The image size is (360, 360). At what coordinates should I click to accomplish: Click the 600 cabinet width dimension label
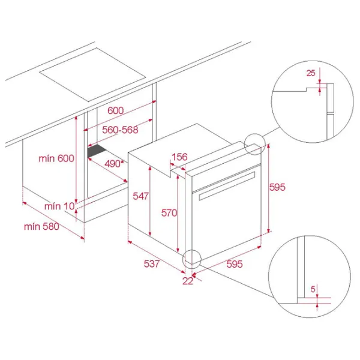coord(115,110)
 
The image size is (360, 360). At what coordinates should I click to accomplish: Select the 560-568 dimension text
coord(120,130)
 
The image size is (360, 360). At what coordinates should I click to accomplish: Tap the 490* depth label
coord(114,164)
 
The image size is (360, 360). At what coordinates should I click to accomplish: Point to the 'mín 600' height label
coord(56,158)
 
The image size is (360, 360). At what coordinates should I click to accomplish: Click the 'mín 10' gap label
coord(59,206)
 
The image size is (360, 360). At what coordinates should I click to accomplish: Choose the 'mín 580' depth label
coord(41,227)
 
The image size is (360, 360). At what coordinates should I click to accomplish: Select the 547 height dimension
coord(141,196)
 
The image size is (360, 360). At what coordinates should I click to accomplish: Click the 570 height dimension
coord(169,213)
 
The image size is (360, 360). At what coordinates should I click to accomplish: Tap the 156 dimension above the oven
coord(179,157)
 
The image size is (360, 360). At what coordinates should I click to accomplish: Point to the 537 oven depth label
coord(152,263)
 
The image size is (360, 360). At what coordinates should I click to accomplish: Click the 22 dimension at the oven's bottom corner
coord(188,281)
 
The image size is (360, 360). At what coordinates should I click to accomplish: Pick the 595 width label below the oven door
coord(235,264)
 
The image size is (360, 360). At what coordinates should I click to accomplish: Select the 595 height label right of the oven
coord(277,187)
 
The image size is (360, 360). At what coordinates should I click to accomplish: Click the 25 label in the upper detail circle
coord(311,73)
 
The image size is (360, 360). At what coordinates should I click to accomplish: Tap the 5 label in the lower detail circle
coord(313,289)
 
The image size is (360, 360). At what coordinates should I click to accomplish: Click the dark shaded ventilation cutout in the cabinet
coord(97,151)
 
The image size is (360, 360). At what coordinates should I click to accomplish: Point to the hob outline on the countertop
coord(92,74)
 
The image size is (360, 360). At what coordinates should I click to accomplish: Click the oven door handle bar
coord(227,185)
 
